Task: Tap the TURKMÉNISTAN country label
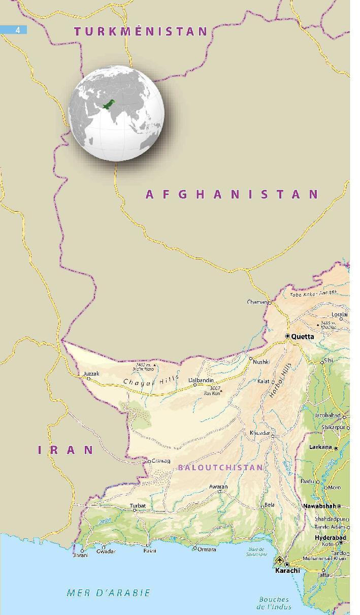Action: coord(141,31)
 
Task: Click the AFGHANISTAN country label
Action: coord(232,194)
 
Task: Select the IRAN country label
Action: coord(66,449)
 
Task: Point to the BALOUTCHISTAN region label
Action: coord(220,467)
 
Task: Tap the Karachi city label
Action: coord(287,570)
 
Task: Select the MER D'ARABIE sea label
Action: coord(109,593)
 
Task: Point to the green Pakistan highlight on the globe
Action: coord(109,105)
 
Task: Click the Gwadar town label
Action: coord(106,552)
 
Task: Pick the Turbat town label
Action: coord(138,506)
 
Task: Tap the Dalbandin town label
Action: coord(201,380)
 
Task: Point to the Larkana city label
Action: coord(320,447)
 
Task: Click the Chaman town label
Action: coord(257,302)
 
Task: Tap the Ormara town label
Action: coord(207,549)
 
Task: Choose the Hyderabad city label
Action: coord(330,537)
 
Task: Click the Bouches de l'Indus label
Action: coord(274,603)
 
